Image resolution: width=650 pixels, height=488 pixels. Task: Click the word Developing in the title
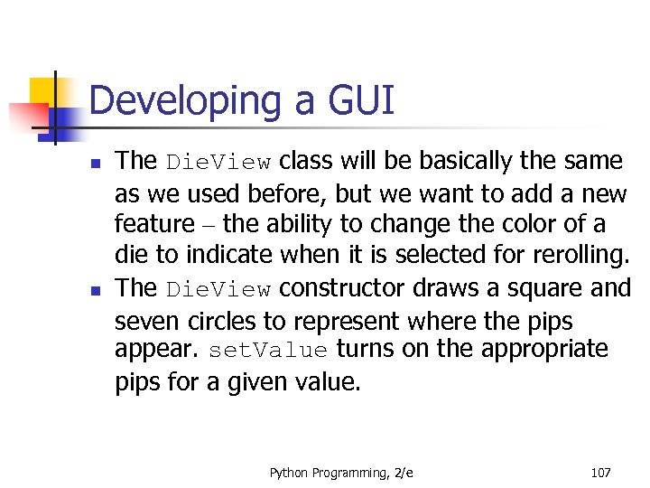pos(185,101)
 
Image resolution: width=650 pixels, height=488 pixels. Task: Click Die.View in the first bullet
pos(218,163)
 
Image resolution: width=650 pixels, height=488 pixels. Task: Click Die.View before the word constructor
pos(218,289)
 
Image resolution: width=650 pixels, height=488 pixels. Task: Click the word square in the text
pos(541,289)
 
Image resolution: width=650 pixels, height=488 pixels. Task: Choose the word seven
pos(143,321)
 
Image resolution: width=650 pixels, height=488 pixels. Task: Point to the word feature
pos(154,224)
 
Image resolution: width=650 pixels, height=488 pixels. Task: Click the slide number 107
pos(600,473)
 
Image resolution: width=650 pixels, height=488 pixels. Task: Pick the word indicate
pos(221,256)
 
